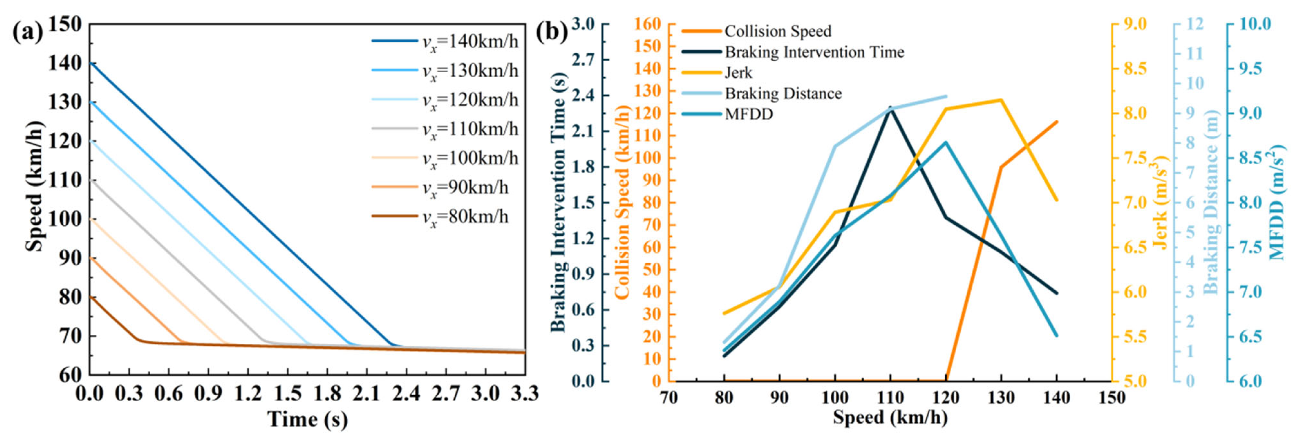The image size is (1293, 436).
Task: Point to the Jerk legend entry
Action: click(x=738, y=73)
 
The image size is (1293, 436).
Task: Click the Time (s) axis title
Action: click(x=307, y=419)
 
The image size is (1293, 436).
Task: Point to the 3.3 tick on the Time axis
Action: click(x=525, y=394)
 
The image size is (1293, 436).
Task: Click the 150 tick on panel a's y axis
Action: click(x=65, y=24)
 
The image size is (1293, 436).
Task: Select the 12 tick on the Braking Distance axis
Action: click(x=1194, y=24)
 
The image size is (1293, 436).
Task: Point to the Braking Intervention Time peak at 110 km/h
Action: click(x=890, y=107)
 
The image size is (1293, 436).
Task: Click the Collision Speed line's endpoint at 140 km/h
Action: click(x=1057, y=121)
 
